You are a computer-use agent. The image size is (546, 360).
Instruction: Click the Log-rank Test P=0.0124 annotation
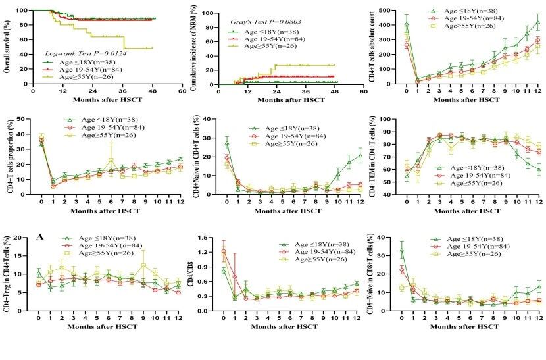point(86,53)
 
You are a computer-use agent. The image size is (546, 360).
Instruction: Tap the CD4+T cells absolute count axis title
point(373,46)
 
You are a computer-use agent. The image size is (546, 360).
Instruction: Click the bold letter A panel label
point(41,238)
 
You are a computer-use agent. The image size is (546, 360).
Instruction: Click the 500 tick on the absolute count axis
point(393,10)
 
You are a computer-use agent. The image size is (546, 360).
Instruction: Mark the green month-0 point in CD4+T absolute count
point(407,24)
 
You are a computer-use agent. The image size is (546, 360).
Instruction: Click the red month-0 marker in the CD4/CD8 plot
point(224,251)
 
